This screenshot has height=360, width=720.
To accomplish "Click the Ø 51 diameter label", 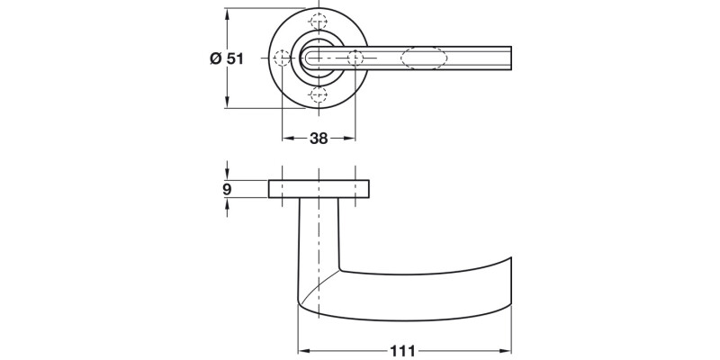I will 226,58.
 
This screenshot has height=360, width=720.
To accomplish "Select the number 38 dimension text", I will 318,139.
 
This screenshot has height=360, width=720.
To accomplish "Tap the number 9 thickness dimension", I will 227,189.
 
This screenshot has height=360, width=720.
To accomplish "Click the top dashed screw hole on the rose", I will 318,22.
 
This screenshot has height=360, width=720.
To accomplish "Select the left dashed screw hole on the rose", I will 282,58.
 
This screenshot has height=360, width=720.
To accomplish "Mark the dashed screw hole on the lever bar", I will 355,58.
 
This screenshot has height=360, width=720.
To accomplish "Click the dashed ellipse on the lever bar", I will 423,58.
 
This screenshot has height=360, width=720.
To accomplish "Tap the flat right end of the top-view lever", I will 511,58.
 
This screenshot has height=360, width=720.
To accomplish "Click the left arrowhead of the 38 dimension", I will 286,139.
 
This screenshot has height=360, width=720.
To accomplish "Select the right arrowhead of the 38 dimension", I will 350,139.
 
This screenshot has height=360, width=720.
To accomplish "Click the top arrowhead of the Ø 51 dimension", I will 227,14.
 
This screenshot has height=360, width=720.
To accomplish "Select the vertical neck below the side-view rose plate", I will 319,234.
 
